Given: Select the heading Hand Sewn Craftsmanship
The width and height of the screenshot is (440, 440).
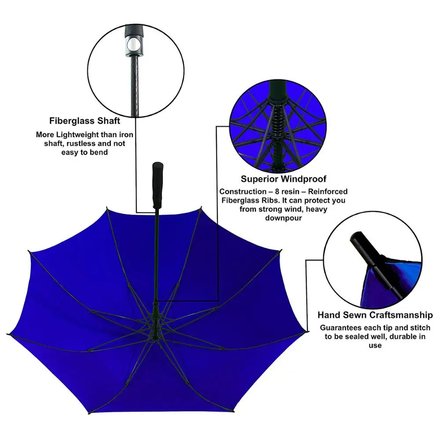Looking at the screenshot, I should coord(375,315).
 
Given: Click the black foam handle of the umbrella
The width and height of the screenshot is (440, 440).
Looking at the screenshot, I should coord(157,185).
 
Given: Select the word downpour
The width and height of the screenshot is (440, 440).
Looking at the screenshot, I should coord(283,218).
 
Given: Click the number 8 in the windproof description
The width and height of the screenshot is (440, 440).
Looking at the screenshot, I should coord(282,191).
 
